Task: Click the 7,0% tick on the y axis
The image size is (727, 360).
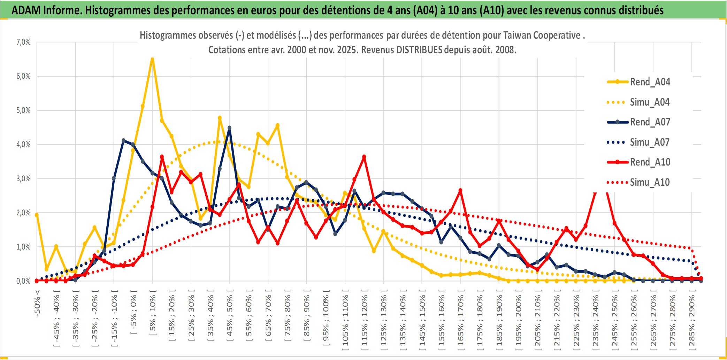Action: click(23, 42)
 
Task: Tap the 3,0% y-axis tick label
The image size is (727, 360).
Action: click(23, 179)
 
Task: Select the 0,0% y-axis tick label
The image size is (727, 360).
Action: click(23, 281)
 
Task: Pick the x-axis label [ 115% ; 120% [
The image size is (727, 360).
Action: click(365, 321)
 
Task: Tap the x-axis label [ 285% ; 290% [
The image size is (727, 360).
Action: click(692, 321)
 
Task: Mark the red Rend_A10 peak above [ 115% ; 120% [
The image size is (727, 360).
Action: click(364, 157)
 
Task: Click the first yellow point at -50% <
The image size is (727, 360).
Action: click(37, 215)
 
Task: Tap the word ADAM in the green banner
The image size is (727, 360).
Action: click(26, 10)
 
